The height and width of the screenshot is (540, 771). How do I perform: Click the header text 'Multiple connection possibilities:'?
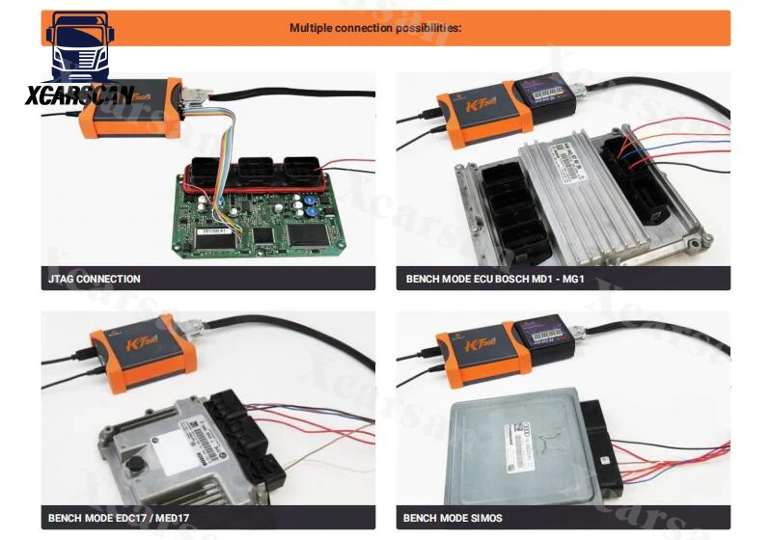pos(375,28)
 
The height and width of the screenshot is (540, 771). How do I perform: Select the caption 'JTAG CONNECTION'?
pos(95,279)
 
